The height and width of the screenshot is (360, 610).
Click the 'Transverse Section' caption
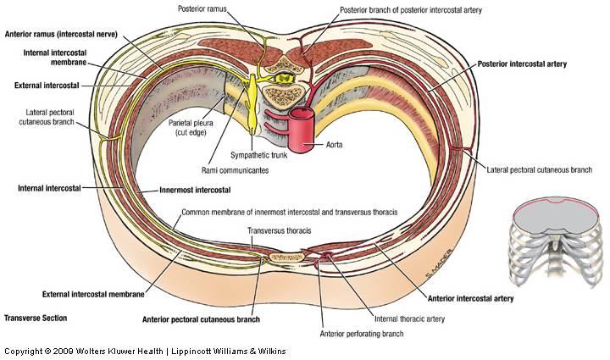point(36,318)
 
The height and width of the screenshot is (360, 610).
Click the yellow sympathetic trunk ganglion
point(255,102)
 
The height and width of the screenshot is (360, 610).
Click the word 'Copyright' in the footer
point(25,351)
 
